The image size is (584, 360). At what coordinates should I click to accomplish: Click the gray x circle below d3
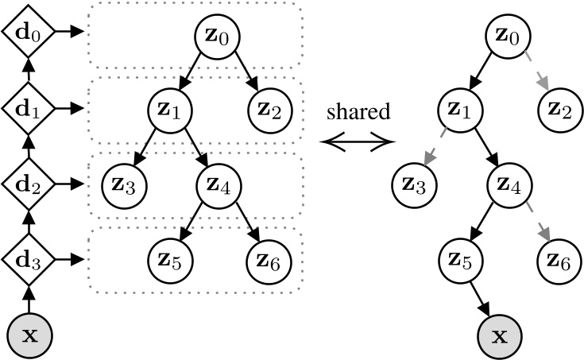point(28,335)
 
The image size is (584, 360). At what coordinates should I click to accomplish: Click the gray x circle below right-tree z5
point(499,335)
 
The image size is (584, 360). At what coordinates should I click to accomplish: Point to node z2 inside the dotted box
point(270,107)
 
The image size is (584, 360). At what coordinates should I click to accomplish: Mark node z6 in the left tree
point(270,259)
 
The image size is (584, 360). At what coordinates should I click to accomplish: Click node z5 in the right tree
point(459,259)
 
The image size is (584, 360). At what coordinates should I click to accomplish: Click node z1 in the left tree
point(169,107)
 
